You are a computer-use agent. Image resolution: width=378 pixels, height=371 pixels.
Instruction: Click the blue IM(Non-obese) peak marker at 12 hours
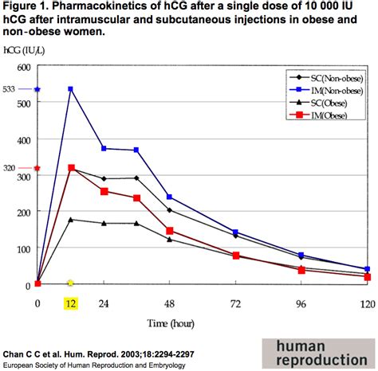(x=71, y=89)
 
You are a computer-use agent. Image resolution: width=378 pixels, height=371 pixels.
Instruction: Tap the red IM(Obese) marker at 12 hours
(x=71, y=168)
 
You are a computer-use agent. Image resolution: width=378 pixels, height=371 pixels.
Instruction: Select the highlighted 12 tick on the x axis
(x=71, y=303)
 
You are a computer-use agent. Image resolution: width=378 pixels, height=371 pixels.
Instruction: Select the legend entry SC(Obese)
(x=327, y=103)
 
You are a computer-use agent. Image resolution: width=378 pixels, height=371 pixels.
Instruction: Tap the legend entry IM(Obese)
(x=327, y=116)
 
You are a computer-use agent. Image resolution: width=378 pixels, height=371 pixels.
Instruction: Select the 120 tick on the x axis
(x=367, y=303)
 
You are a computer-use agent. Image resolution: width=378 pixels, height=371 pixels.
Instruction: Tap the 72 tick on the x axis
(x=235, y=303)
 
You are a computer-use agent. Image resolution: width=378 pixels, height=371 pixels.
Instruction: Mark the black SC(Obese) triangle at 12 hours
(x=71, y=219)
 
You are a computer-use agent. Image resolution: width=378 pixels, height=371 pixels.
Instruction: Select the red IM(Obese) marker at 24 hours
(x=104, y=191)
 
